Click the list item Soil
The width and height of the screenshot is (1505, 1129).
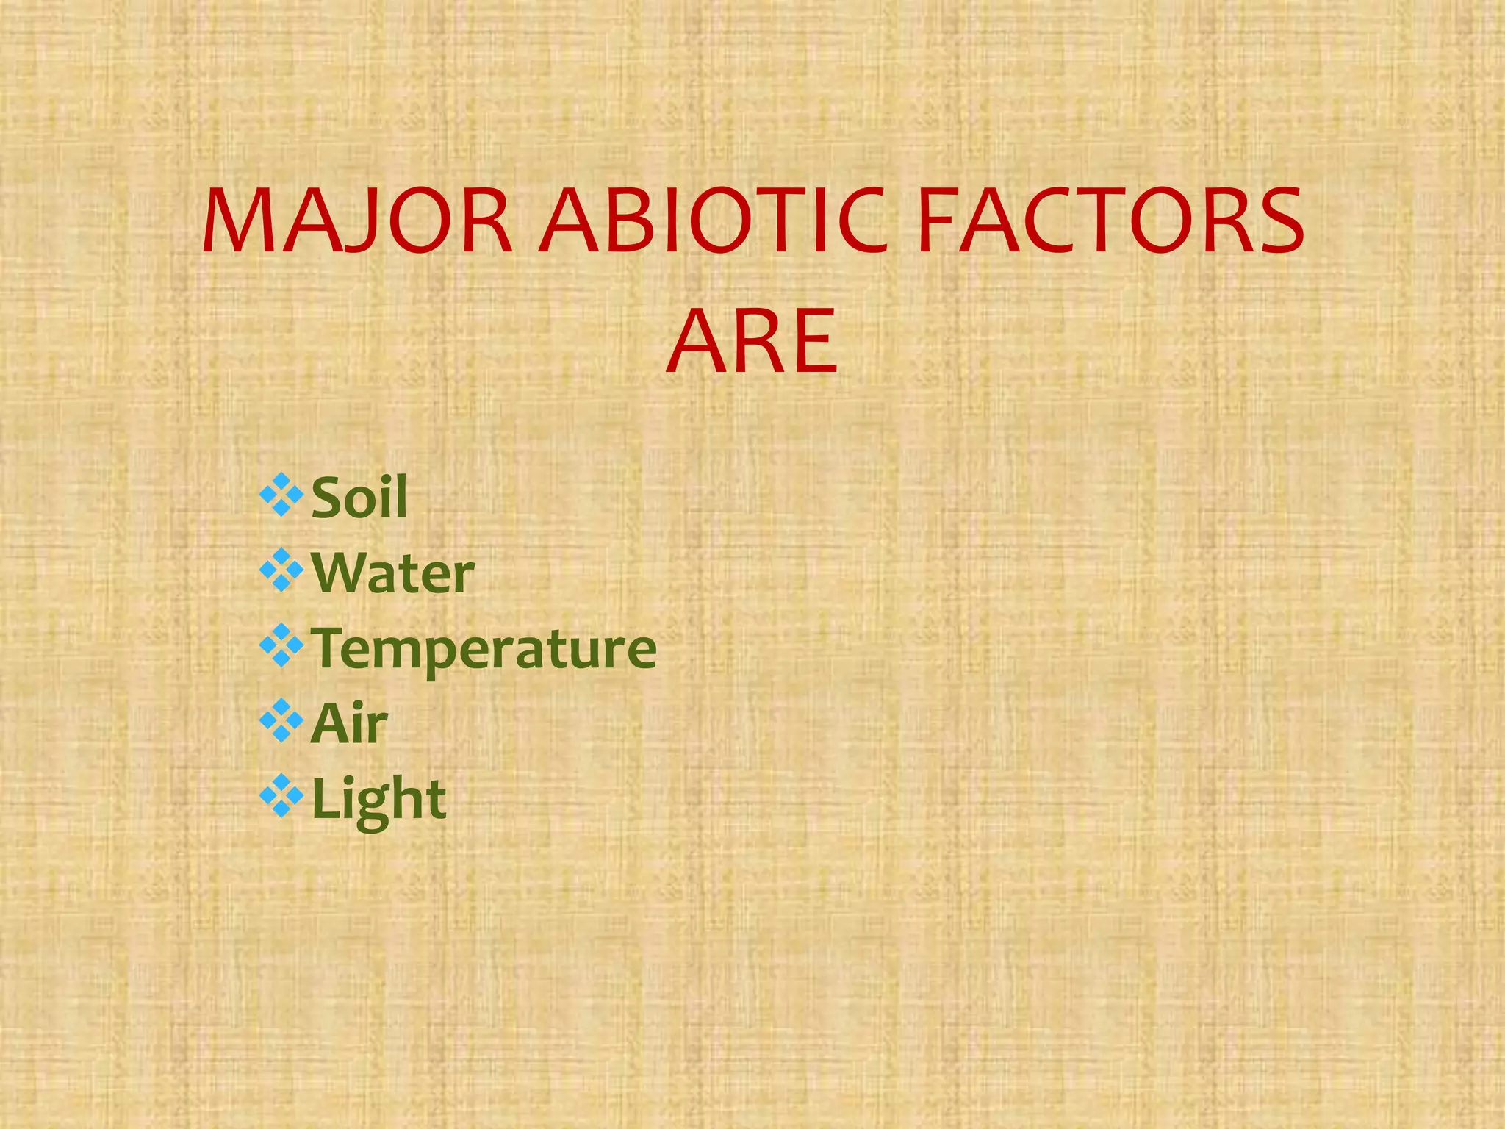coord(359,498)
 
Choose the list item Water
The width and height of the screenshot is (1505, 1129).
coord(393,573)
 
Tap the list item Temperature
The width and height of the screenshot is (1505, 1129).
coord(484,648)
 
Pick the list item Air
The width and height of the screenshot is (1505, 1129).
coord(350,724)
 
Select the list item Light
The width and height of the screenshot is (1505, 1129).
coord(379,800)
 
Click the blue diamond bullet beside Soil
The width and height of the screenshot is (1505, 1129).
coord(281,495)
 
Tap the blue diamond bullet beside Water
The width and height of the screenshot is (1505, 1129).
coord(281,570)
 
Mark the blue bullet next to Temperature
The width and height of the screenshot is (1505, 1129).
coord(281,645)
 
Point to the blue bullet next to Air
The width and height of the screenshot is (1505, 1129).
coord(281,721)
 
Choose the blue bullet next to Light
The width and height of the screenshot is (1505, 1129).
coord(281,796)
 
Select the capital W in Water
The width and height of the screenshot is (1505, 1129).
coord(338,573)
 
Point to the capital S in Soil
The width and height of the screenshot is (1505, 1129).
coord(328,498)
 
